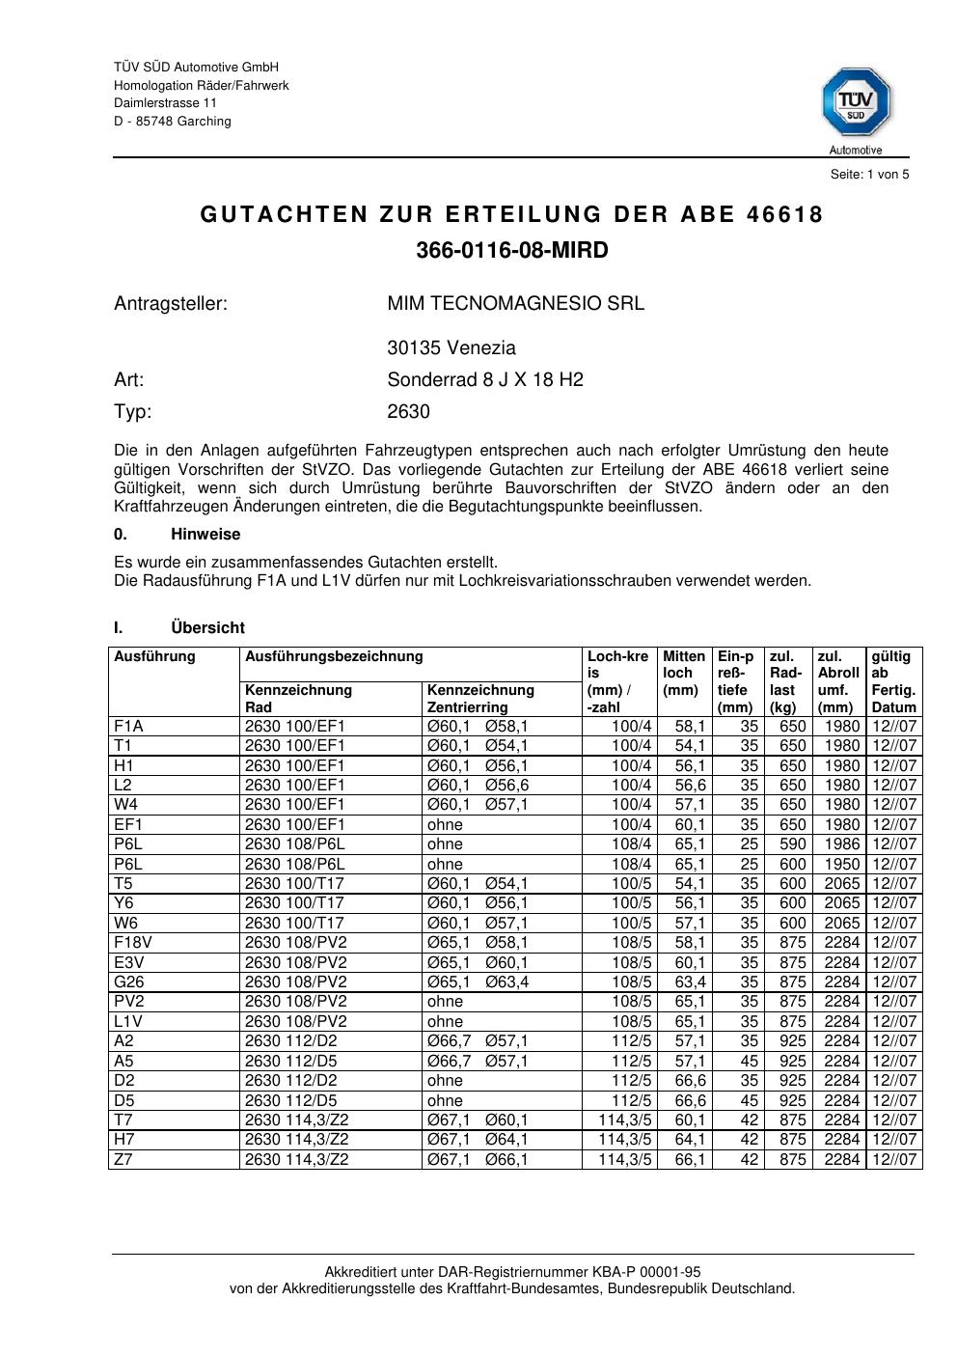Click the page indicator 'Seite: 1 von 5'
click(869, 175)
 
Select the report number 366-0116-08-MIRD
click(512, 251)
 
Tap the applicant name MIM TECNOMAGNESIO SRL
click(515, 304)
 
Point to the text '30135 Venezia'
click(451, 348)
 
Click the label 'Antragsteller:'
click(171, 304)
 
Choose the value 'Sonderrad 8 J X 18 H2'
click(484, 380)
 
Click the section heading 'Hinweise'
click(205, 535)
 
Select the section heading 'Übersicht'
click(207, 628)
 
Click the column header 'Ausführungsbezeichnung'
click(334, 657)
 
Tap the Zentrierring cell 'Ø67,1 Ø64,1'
click(478, 1140)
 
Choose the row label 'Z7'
click(123, 1159)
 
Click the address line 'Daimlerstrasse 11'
click(165, 103)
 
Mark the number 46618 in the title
click(785, 215)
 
